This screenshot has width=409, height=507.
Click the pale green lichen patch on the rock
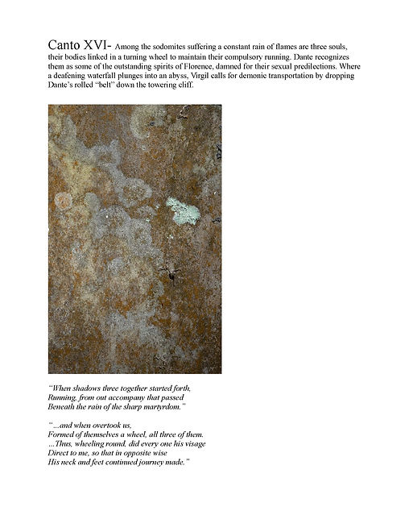[x=182, y=212]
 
